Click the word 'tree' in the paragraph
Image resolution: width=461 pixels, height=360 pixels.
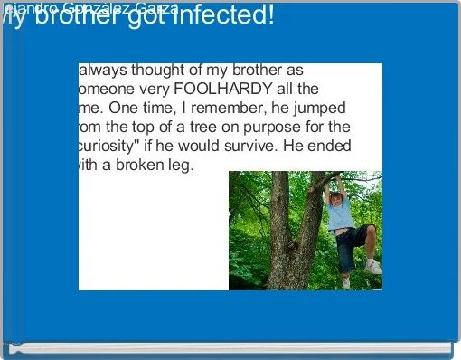point(211,127)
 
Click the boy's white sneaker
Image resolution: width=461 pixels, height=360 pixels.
point(372,267)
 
